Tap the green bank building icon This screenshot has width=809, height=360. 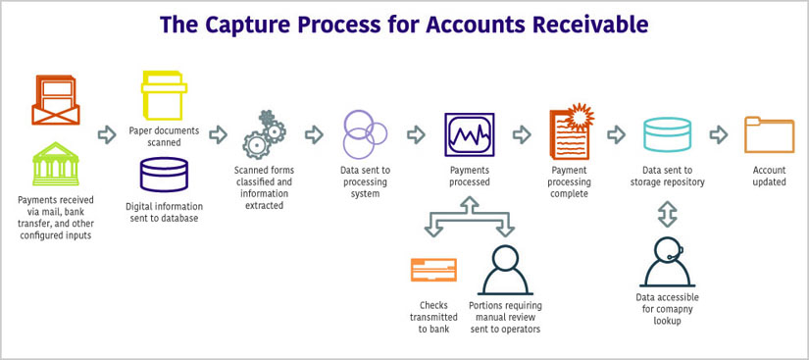[x=56, y=164]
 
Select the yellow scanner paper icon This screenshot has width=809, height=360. [x=164, y=96]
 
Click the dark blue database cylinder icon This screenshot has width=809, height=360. [x=164, y=175]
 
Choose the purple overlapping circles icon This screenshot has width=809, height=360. [x=364, y=133]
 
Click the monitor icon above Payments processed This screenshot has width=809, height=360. [x=469, y=134]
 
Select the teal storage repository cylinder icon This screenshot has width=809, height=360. [x=667, y=134]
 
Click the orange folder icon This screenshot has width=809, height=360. [x=769, y=134]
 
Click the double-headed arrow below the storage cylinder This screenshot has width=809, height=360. [x=667, y=212]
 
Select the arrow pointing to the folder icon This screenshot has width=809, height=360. [x=718, y=134]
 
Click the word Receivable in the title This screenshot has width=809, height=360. [x=582, y=23]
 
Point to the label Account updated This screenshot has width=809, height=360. [x=769, y=176]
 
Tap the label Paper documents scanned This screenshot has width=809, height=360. [x=164, y=135]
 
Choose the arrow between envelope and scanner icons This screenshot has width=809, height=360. [x=106, y=134]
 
